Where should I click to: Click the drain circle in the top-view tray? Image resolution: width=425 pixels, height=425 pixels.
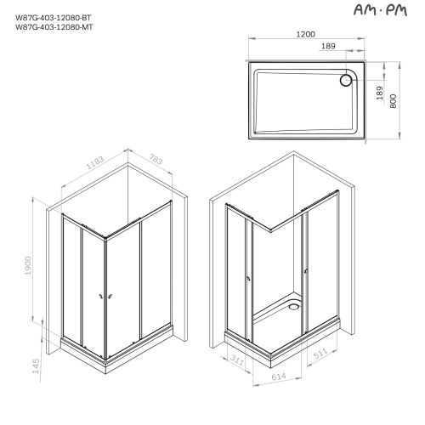coord(346,80)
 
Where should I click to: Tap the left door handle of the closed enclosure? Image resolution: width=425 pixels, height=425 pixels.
coord(100,296)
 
